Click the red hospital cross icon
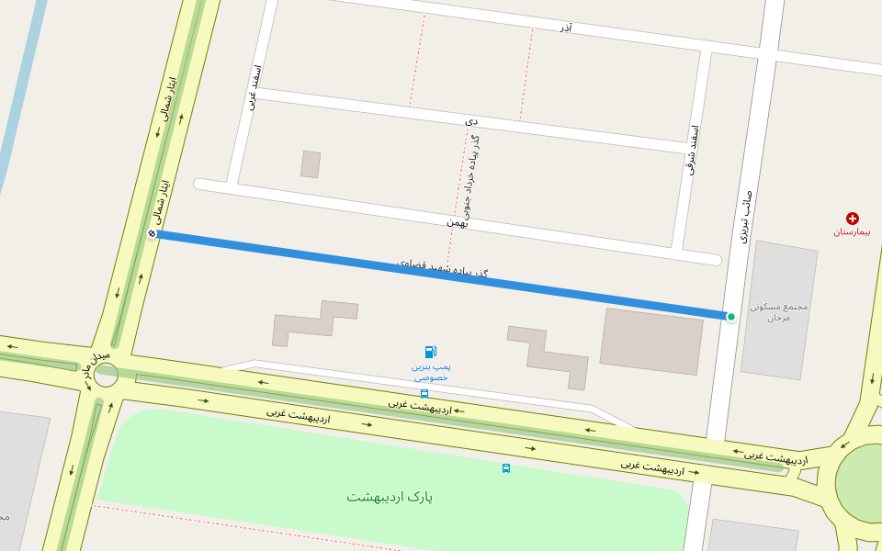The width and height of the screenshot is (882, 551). [x=853, y=219]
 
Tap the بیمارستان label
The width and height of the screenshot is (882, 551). [x=852, y=231]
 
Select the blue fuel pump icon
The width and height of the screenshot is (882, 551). [x=431, y=352]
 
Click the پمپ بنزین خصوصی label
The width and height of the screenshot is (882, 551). [x=430, y=372]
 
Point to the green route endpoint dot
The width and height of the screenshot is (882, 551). [x=731, y=317]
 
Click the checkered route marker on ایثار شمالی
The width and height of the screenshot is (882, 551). [x=153, y=234]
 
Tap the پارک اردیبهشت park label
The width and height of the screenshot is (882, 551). [x=390, y=497]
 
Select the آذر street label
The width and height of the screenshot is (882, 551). [x=565, y=28]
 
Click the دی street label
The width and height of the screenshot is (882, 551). [x=471, y=120]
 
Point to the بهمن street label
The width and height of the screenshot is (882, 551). [x=458, y=222]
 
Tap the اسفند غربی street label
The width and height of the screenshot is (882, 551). [x=256, y=88]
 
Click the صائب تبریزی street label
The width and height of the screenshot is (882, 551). [x=746, y=216]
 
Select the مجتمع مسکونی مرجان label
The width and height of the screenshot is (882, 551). [x=778, y=311]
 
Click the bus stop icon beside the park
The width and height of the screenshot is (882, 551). [x=506, y=468]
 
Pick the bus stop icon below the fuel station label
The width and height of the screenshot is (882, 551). [x=424, y=394]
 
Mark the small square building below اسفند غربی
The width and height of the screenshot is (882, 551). [x=311, y=164]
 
